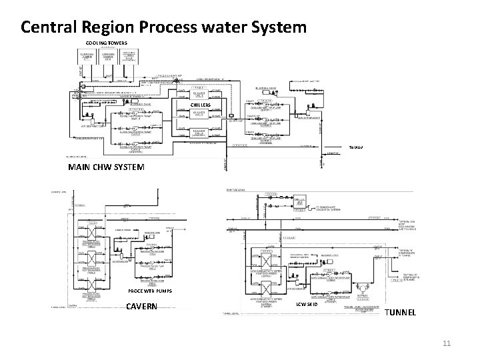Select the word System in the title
pyautogui.click(x=275, y=27)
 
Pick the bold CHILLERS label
pyautogui.click(x=201, y=105)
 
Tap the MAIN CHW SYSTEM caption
pyautogui.click(x=106, y=167)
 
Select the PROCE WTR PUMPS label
pyautogui.click(x=150, y=292)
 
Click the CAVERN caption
pyautogui.click(x=142, y=307)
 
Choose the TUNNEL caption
pyautogui.click(x=401, y=312)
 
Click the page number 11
pyautogui.click(x=447, y=343)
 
